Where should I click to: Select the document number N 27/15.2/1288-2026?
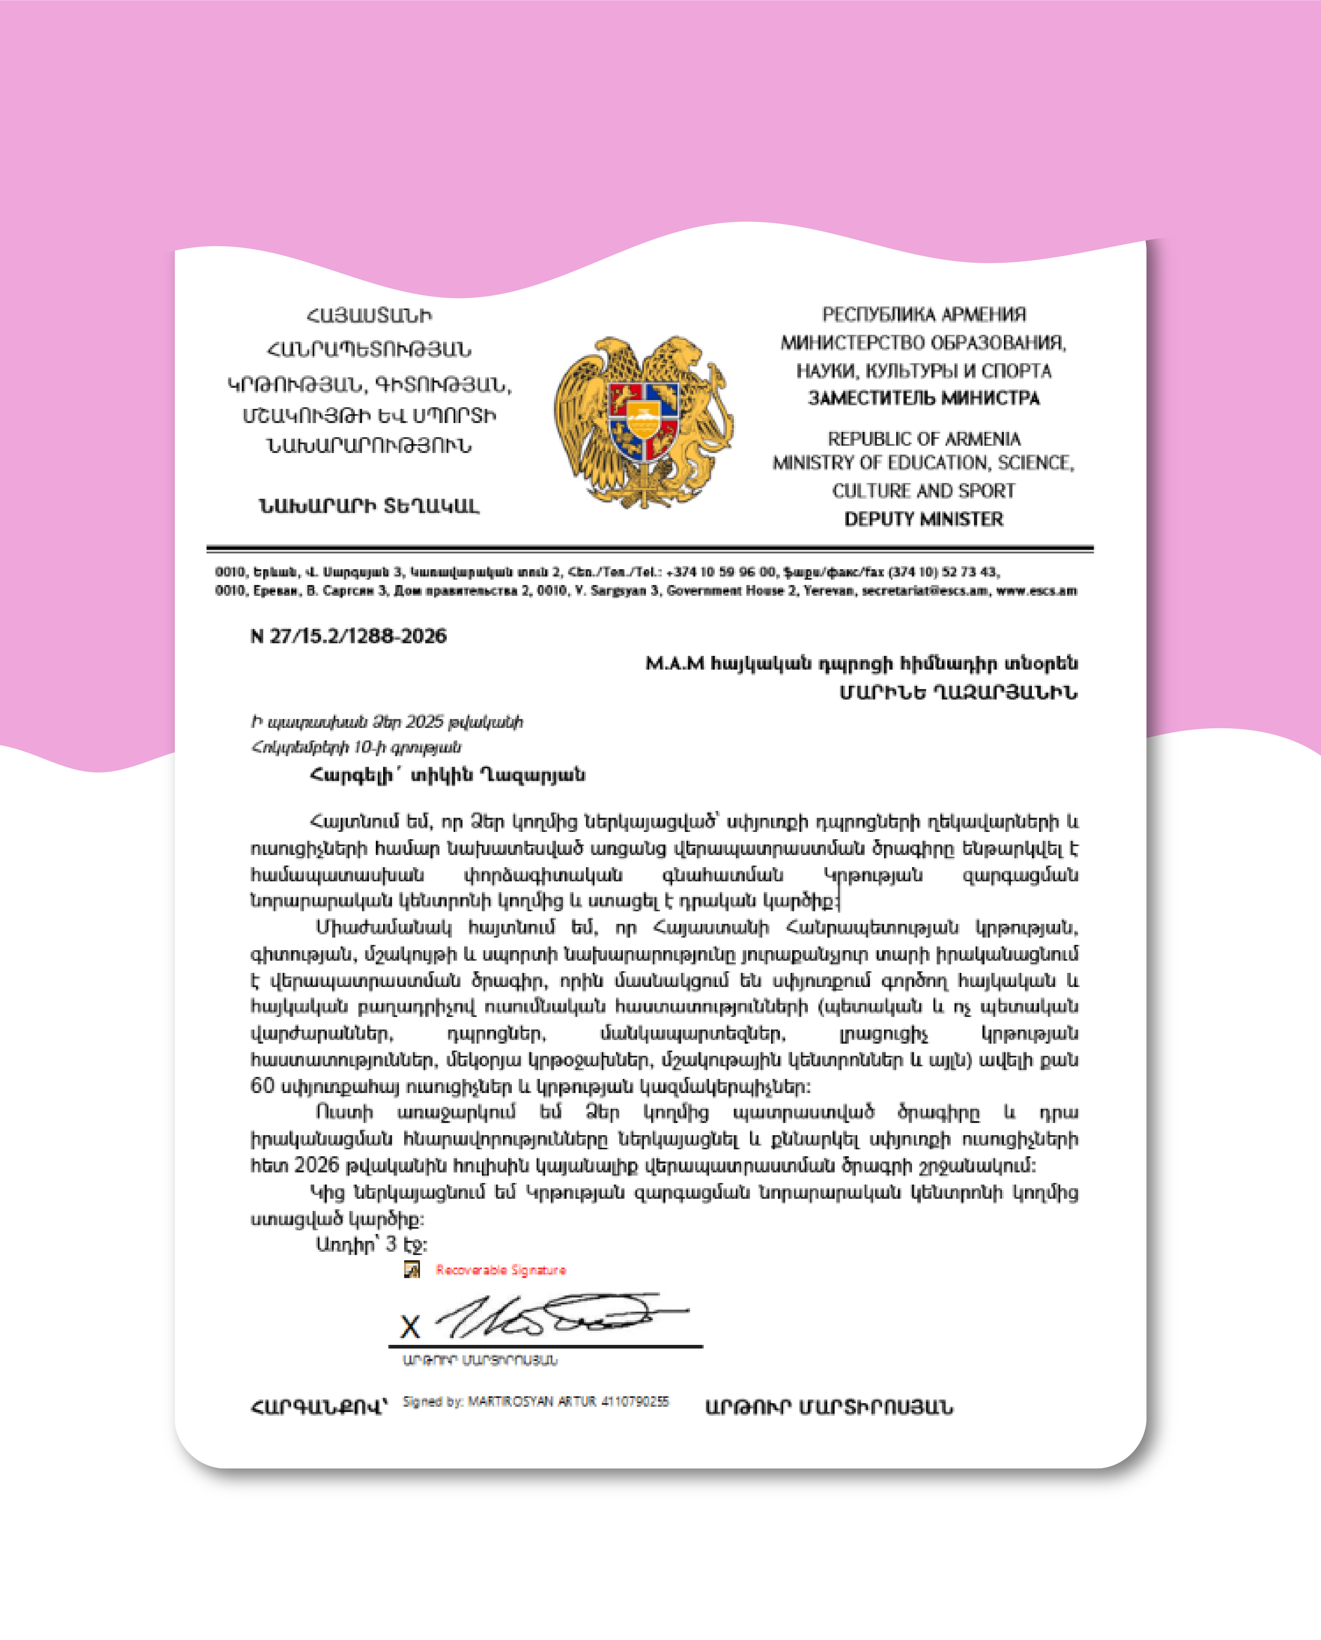pos(349,636)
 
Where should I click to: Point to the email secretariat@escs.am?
pos(924,591)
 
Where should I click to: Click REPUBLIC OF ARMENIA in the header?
pos(924,439)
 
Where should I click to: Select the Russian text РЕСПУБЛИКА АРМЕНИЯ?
pos(924,314)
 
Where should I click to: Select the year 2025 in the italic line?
pos(424,721)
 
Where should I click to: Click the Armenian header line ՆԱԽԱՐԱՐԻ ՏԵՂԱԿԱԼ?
pos(369,506)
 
